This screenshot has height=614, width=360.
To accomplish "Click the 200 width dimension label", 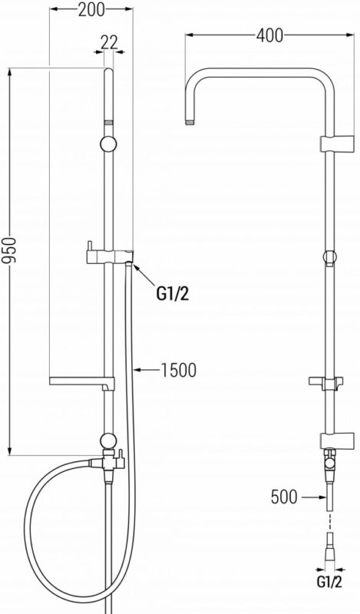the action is pyautogui.click(x=91, y=10).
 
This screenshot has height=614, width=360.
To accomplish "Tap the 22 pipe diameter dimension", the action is pyautogui.click(x=109, y=42).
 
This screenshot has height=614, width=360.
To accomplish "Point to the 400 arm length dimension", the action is pyautogui.click(x=269, y=35).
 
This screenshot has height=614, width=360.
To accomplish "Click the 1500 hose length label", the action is pyautogui.click(x=179, y=370).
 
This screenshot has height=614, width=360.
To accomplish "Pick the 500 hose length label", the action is pyautogui.click(x=285, y=497).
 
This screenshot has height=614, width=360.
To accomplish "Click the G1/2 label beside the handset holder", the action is pyautogui.click(x=173, y=294).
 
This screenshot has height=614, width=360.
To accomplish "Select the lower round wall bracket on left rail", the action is pyautogui.click(x=108, y=441).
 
